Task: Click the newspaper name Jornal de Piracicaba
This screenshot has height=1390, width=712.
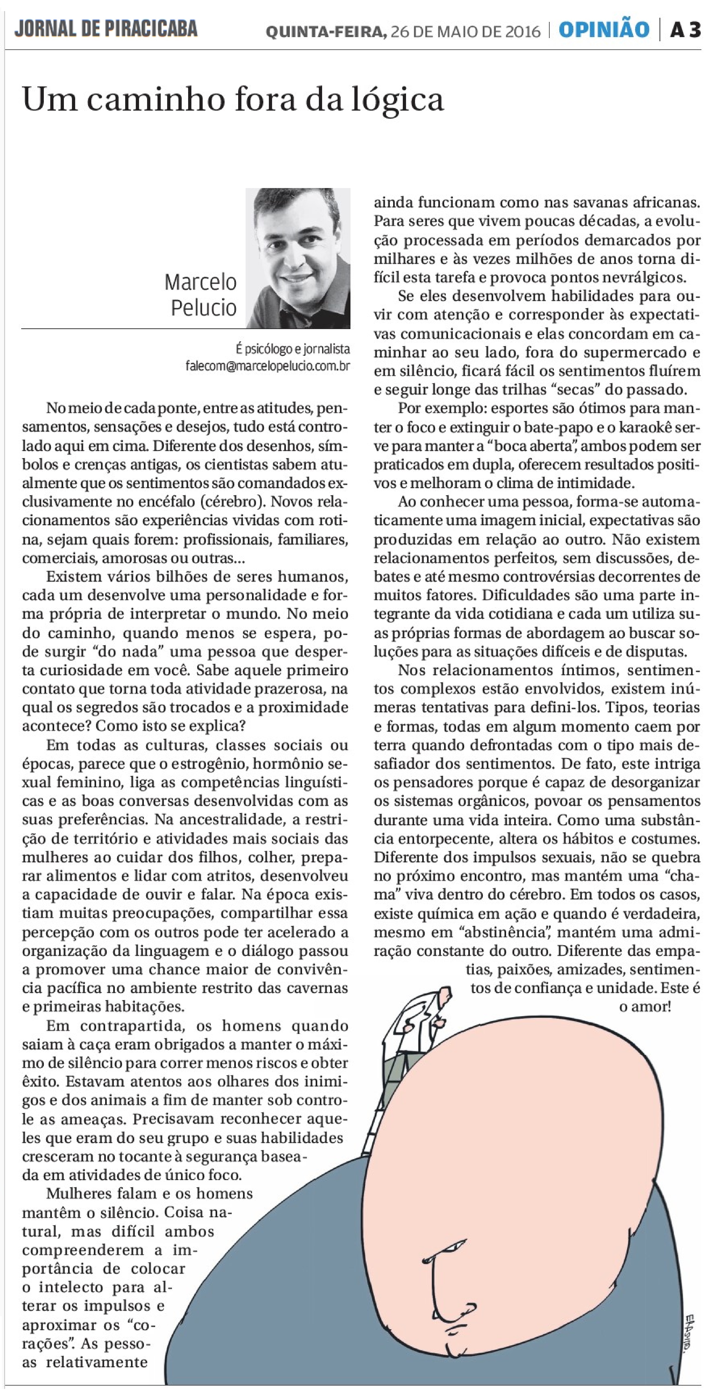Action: (106, 29)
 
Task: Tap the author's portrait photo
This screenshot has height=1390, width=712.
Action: (298, 258)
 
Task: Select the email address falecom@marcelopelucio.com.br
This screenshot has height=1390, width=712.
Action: (268, 366)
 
